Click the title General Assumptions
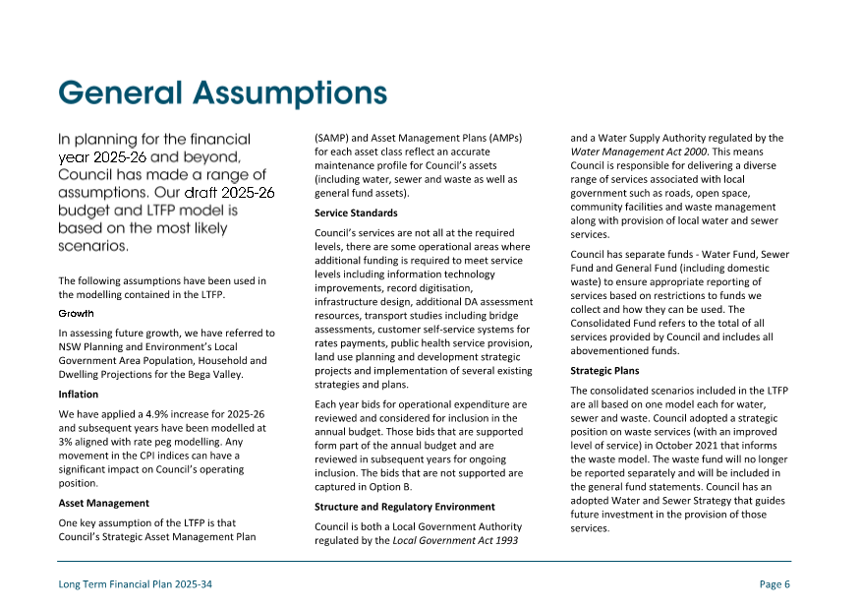click(222, 92)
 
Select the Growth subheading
click(77, 314)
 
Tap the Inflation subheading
click(79, 395)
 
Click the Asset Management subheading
click(104, 503)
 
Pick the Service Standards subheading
click(356, 213)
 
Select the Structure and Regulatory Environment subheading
click(405, 507)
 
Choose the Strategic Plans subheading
click(604, 371)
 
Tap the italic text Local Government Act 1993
click(455, 540)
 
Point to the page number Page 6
click(775, 584)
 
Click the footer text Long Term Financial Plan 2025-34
click(136, 584)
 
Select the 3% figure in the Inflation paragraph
click(66, 442)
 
